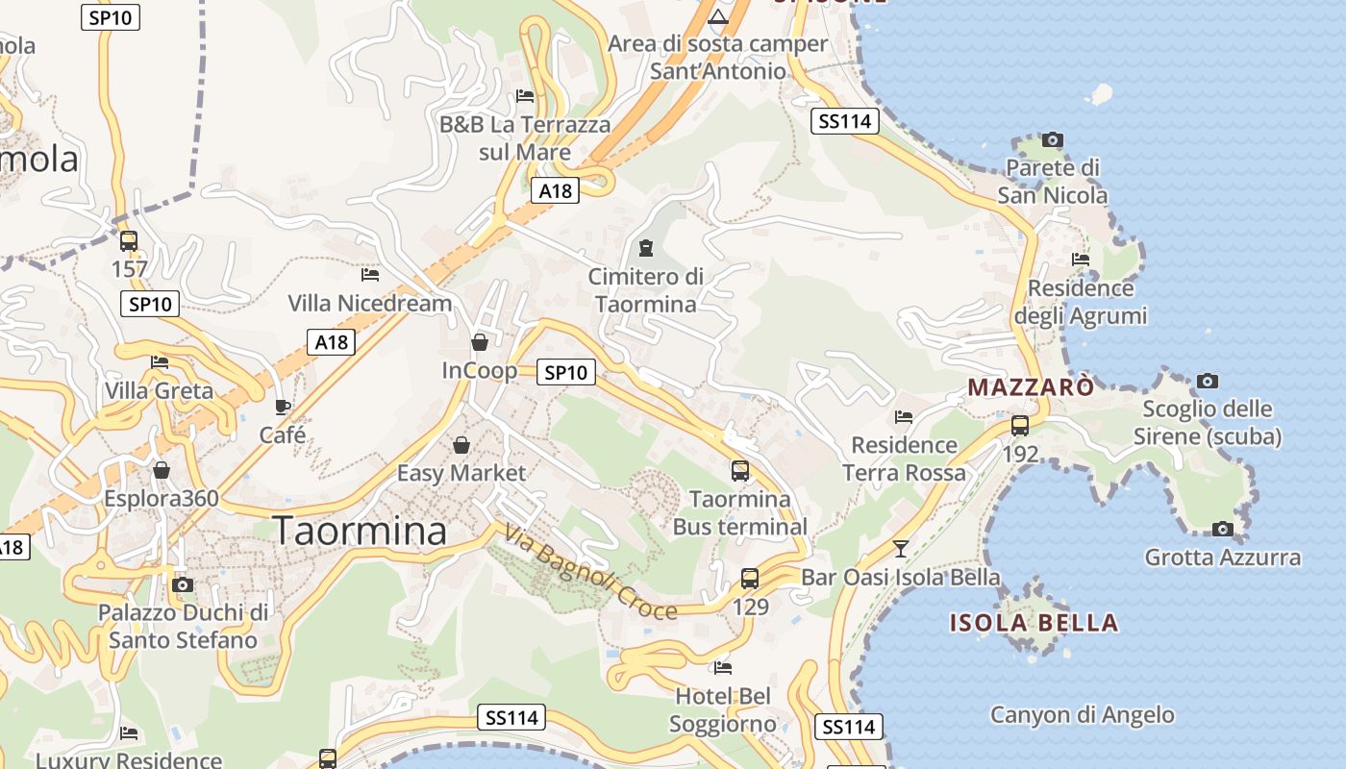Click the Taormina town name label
point(361,531)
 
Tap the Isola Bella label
point(1034,622)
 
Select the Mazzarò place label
point(1031,387)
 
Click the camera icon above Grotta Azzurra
point(1223,529)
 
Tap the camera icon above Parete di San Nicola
point(1053,140)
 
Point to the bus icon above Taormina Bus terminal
point(740,471)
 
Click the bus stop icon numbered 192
point(1020,425)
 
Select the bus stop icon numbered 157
point(129,241)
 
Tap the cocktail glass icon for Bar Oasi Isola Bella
point(900,549)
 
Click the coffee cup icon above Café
point(283,407)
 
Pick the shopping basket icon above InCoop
point(480,342)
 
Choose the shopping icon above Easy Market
point(461,445)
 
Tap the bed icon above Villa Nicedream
point(370,275)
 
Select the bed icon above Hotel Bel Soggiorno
point(723,667)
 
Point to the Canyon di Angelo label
point(1083,715)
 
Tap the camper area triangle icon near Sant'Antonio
point(718,17)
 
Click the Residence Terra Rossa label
point(905,459)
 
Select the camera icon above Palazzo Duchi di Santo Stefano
point(183,584)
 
